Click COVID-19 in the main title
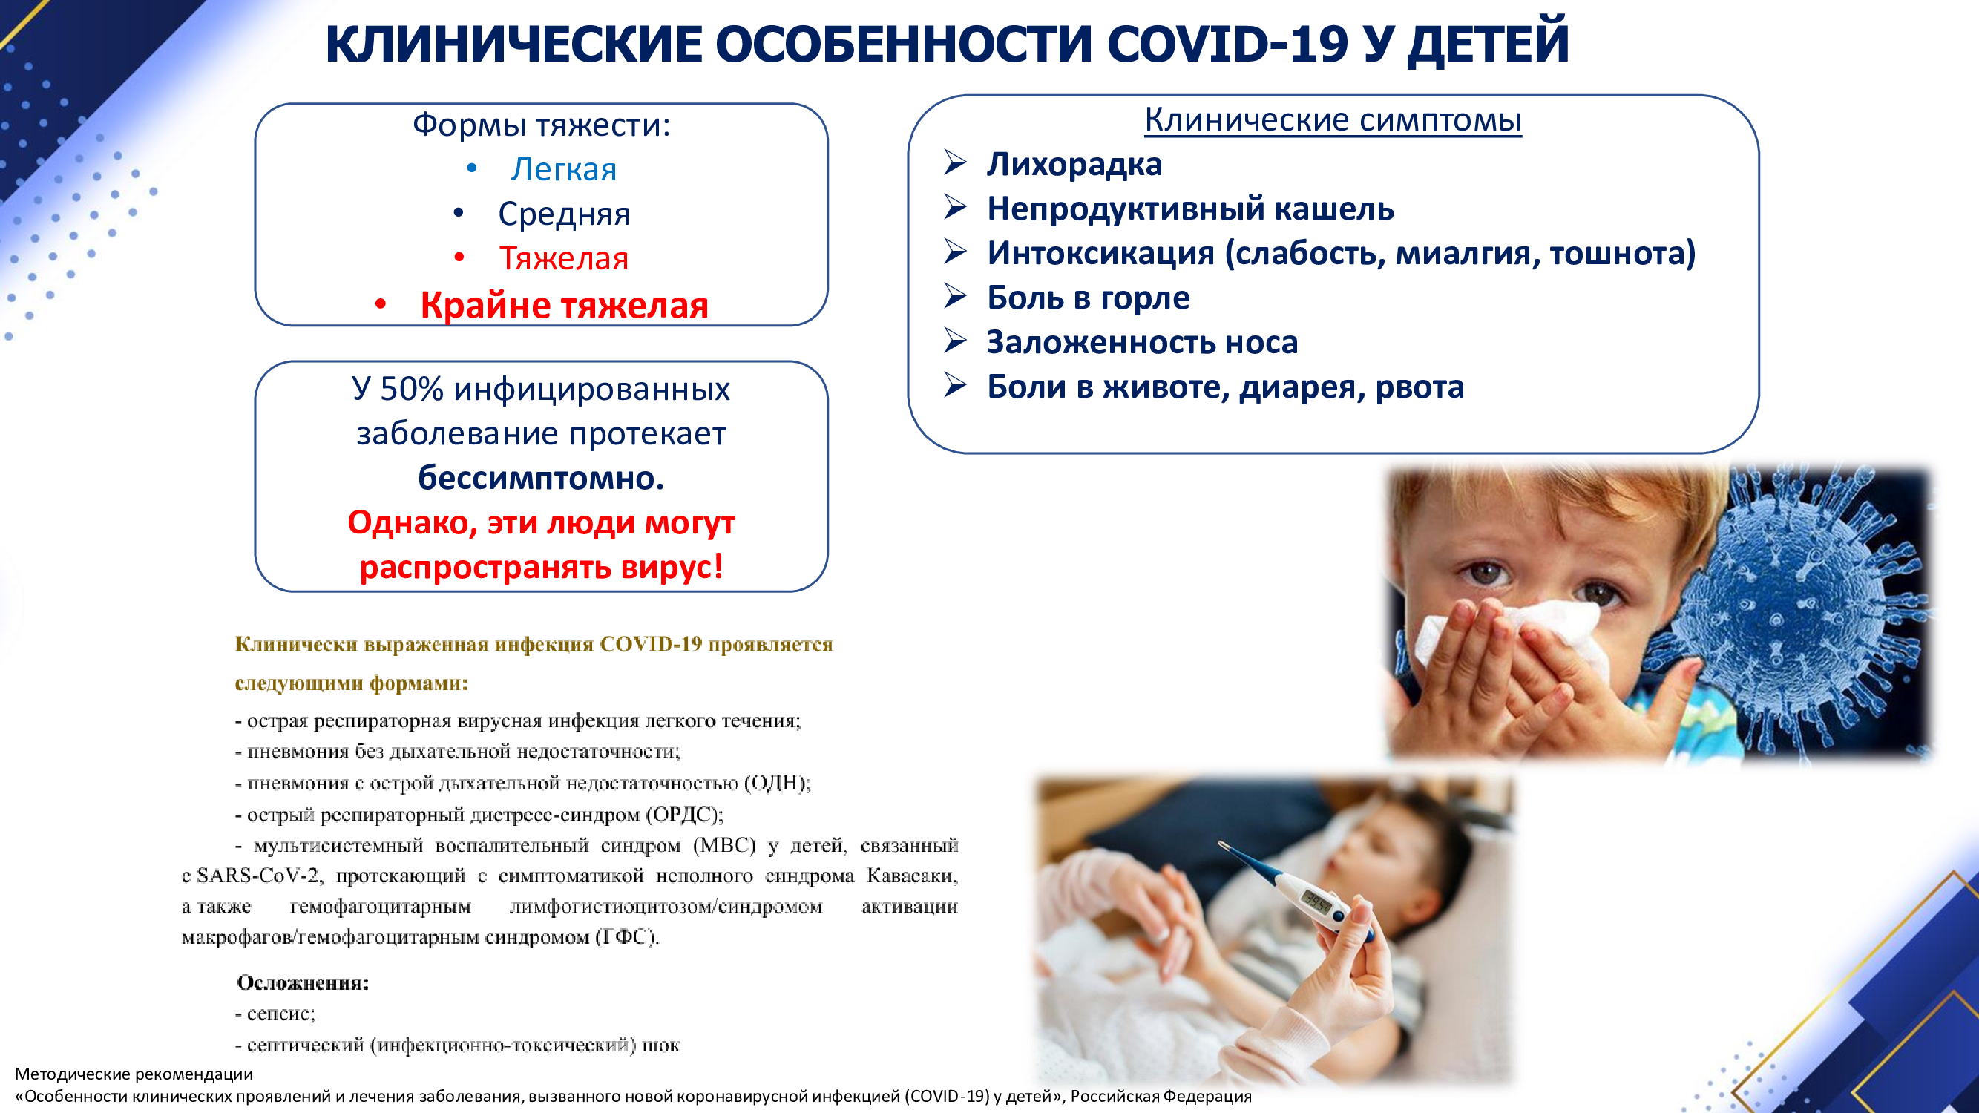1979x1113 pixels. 1227,44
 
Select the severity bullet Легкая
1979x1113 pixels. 564,169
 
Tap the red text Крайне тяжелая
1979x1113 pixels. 564,305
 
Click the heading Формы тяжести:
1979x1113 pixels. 542,125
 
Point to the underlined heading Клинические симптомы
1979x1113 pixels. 1333,119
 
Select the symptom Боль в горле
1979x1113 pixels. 1088,298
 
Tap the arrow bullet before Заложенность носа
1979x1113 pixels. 955,341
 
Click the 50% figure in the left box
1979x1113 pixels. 412,389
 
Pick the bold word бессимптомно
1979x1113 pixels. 541,478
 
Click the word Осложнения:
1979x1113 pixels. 303,982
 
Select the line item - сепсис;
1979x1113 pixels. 275,1014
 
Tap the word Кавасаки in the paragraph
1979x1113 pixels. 913,876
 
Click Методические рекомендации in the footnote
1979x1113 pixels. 134,1074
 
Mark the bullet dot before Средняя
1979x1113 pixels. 459,213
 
